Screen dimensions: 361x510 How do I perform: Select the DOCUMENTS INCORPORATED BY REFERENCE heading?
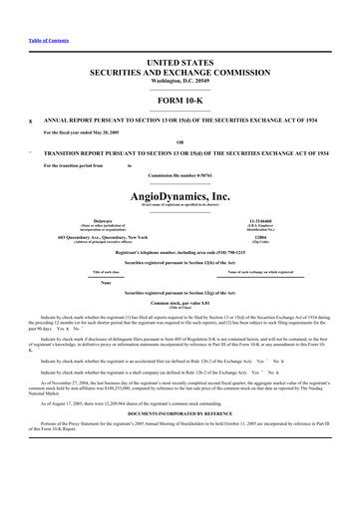pyautogui.click(x=180, y=411)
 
